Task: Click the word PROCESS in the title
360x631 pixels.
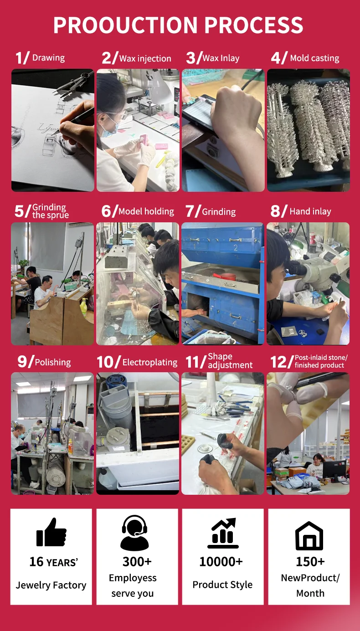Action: click(253, 25)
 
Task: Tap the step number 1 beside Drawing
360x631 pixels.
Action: click(19, 58)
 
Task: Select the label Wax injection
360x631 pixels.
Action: click(145, 59)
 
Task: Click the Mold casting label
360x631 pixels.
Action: click(314, 58)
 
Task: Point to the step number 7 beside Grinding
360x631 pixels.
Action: click(190, 211)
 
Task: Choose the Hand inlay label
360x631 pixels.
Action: click(310, 211)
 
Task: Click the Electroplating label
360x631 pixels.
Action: click(150, 362)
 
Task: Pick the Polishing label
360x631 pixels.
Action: click(53, 362)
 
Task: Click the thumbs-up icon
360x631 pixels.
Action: click(51, 532)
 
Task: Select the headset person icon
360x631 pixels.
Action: click(134, 533)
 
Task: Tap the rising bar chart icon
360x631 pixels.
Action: click(223, 533)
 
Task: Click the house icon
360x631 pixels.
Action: click(309, 535)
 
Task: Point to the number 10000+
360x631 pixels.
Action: click(221, 562)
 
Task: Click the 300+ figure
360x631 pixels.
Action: click(137, 562)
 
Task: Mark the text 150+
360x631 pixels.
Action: click(310, 562)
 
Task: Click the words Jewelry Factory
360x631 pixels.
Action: click(51, 585)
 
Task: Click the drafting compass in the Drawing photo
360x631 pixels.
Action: click(74, 84)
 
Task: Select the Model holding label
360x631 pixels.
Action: click(146, 211)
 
